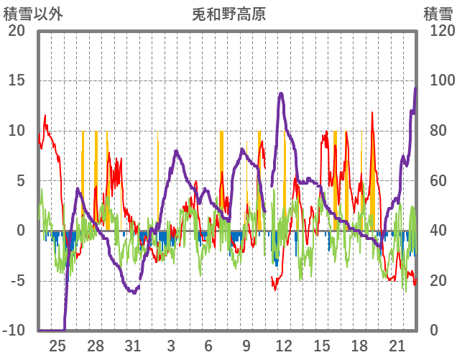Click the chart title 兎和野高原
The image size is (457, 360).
click(x=229, y=14)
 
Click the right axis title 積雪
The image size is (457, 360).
click(x=437, y=14)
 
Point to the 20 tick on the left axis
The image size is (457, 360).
click(x=16, y=31)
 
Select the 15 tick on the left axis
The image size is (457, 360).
click(x=16, y=80)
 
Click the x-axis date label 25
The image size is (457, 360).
click(x=58, y=345)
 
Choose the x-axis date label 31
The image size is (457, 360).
click(x=133, y=345)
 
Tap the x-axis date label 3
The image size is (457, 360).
click(x=171, y=345)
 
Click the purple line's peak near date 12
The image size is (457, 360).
click(x=281, y=93)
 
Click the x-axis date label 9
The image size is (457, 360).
click(x=246, y=345)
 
